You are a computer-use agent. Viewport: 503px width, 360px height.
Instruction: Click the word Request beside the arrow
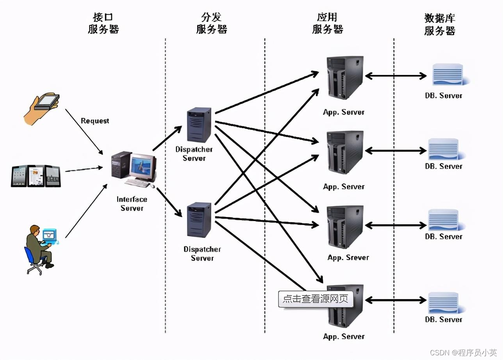tap(95, 121)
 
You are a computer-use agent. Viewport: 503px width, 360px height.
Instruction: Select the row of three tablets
tap(36, 176)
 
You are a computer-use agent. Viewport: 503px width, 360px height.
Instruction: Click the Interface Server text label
tap(132, 203)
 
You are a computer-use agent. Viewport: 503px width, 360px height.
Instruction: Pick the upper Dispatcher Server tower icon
tap(199, 125)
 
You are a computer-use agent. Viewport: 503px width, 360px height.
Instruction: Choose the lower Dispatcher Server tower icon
tap(199, 220)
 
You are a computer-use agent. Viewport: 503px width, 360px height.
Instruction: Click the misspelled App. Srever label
tap(348, 258)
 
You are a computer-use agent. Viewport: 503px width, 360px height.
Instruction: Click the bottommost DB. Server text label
tap(443, 319)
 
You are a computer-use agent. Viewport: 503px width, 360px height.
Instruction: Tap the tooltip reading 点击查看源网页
tap(315, 299)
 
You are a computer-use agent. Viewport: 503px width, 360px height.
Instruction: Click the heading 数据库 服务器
tap(440, 24)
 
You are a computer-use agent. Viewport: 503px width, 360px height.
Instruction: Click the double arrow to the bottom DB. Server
tap(395, 300)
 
